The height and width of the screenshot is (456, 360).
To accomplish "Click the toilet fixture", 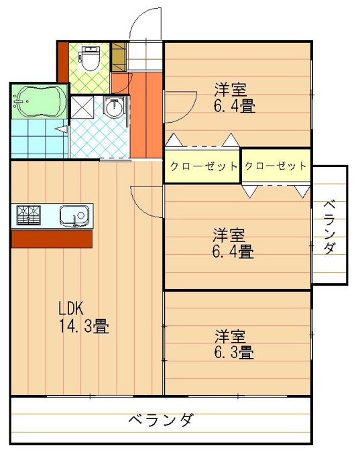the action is point(88,58).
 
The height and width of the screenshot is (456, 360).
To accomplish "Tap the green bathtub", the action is point(40,101).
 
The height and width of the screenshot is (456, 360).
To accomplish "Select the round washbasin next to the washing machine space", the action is point(114,108).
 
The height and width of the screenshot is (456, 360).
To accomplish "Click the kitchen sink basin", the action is point(74,216).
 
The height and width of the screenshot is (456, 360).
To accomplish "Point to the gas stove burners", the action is point(28,215).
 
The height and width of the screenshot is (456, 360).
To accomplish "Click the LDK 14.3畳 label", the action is point(84,317).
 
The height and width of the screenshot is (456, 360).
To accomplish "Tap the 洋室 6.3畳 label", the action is point(234,344).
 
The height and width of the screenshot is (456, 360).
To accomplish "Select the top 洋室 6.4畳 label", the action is point(235,98).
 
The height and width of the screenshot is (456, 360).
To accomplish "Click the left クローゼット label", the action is point(204,166).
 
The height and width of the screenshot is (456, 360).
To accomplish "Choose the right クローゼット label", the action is point(276,166).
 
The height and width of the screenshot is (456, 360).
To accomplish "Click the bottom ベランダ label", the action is point(161,420).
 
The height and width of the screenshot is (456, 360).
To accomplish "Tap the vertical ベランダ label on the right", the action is point(330,227).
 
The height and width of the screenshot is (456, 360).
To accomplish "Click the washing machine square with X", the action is point(82,107).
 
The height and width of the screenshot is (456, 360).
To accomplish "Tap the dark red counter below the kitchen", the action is point(52,239).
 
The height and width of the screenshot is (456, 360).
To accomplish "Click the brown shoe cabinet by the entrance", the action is point(119,57).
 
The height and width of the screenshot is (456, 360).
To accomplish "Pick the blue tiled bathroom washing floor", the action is point(40,139).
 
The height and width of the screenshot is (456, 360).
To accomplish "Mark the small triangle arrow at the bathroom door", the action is point(62,129).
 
